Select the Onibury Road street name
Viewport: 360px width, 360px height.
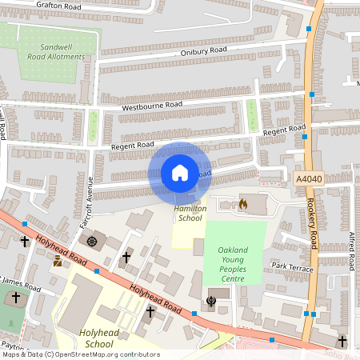(x=204, y=50)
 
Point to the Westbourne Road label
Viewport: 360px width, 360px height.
(x=151, y=105)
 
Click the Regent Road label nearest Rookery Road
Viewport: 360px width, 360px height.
(x=285, y=130)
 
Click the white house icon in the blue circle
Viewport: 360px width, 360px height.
(x=180, y=173)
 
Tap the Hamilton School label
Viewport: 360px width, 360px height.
(x=190, y=213)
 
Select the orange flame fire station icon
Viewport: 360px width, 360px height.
(x=242, y=204)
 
